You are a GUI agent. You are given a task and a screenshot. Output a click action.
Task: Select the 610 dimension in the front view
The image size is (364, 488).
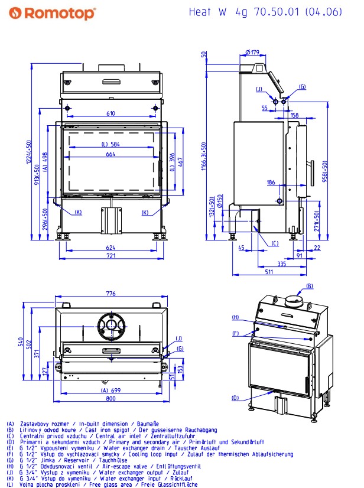(110, 113)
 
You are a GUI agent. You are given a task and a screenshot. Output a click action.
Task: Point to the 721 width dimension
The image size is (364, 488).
(110, 257)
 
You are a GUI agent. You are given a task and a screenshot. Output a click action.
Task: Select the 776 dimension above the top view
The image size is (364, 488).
(110, 294)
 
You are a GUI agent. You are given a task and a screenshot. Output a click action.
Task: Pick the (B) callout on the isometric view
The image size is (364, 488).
(310, 287)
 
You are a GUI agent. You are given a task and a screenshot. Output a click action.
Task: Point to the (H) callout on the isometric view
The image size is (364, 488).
(235, 317)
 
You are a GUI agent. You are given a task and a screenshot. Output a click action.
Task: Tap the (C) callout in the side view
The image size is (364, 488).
(275, 243)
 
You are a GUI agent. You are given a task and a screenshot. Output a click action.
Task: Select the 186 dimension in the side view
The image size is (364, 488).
(270, 183)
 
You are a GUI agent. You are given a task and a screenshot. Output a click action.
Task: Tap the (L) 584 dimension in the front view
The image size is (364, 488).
(110, 144)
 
